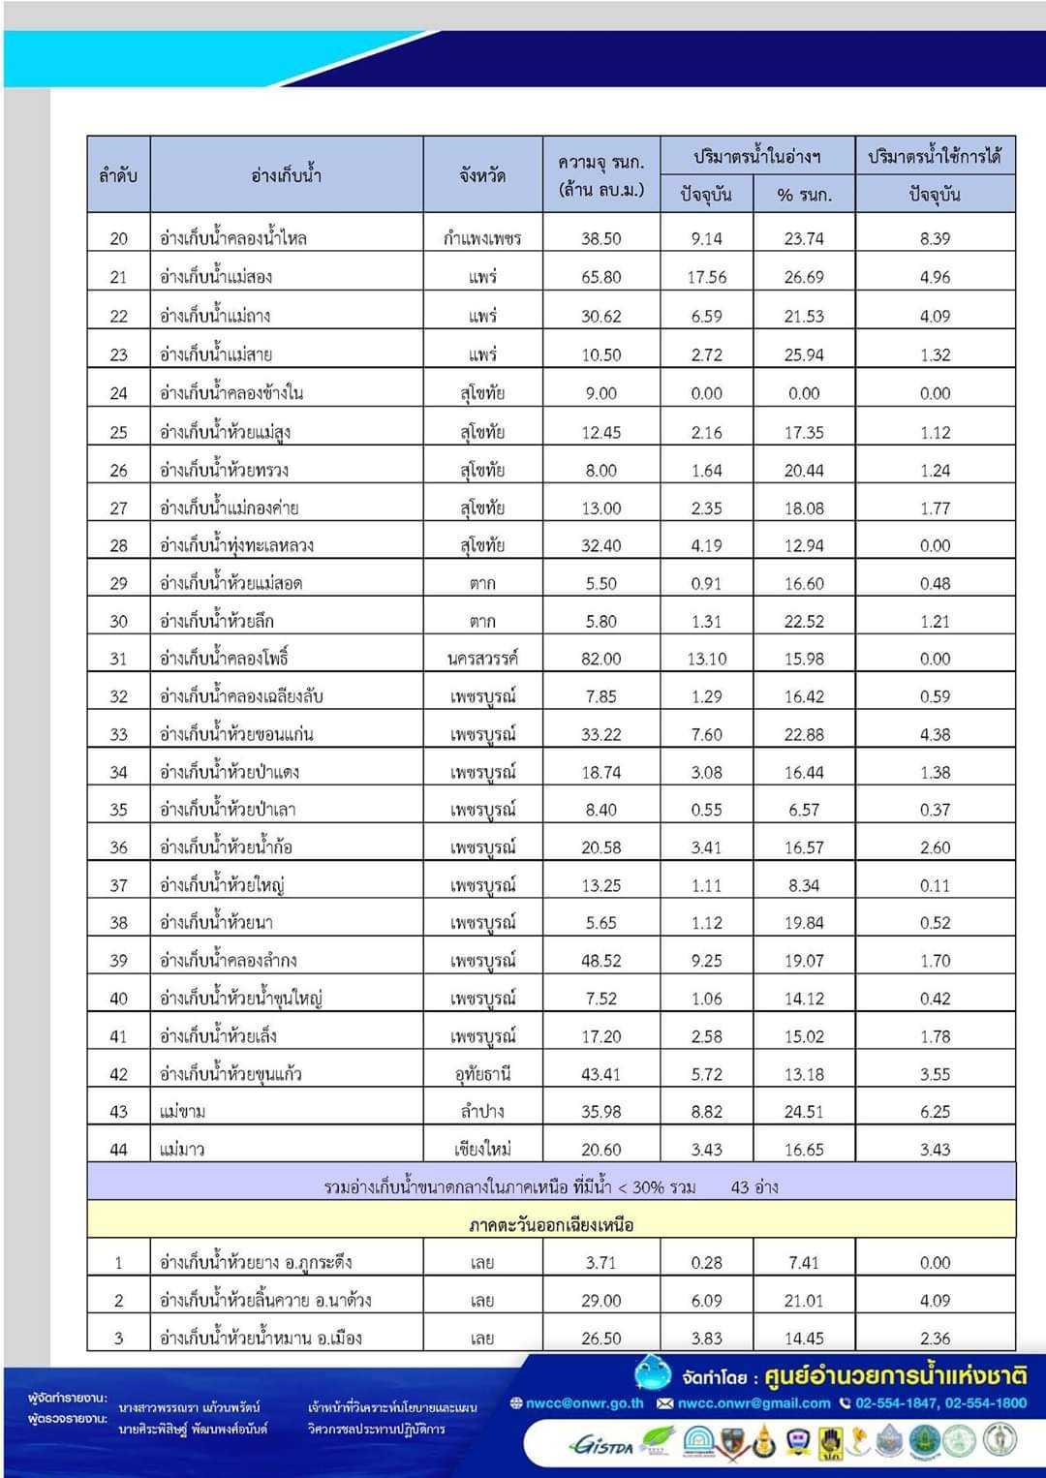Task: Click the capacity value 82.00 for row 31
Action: coord(600,659)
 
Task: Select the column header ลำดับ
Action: coord(118,175)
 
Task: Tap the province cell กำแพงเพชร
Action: coord(482,238)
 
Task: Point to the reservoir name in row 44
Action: coord(182,1150)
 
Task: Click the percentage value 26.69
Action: coord(804,277)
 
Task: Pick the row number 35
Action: coord(118,810)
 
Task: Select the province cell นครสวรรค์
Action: coord(482,659)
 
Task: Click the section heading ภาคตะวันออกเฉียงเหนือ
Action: coord(551,1224)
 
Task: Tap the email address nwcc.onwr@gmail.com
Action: coord(754,1402)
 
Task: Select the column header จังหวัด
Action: coord(482,175)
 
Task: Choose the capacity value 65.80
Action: coord(600,277)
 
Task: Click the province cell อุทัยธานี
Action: coord(482,1074)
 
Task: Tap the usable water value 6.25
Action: coord(935,1112)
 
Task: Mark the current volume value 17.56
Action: coord(707,277)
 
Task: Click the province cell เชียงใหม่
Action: coord(482,1150)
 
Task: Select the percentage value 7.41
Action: coord(804,1263)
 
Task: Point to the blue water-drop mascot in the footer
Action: coord(653,1372)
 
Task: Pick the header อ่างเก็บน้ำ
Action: coord(286,175)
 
